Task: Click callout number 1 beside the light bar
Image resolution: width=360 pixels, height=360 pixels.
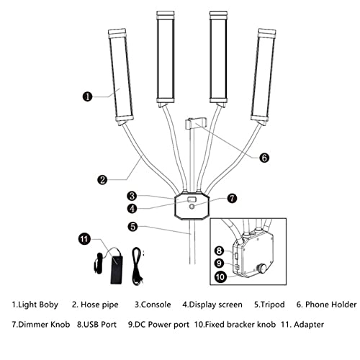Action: point(88,94)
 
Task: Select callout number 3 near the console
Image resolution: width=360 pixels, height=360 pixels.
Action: point(132,195)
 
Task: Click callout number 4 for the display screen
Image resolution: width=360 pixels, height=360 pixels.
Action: point(132,209)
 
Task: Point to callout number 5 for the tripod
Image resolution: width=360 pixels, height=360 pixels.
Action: point(132,226)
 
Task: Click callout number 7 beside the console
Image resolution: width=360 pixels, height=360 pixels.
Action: point(232,197)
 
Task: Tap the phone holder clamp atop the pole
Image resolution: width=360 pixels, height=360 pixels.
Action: point(192,124)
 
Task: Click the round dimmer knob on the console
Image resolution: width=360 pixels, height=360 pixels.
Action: point(192,207)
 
